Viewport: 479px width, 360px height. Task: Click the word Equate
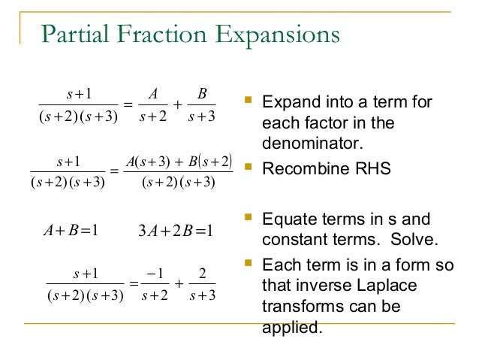click(x=285, y=220)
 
